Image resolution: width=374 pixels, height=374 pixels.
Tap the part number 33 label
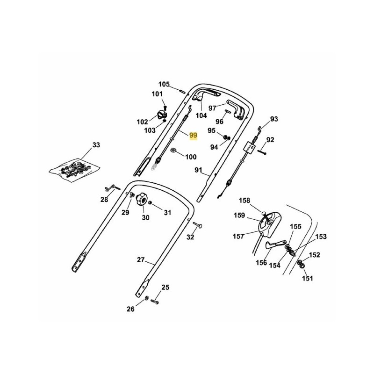point(96,145)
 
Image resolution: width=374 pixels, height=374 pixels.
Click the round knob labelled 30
point(140,202)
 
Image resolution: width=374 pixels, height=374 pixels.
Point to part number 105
point(164,84)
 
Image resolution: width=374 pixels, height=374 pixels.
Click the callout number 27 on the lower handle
point(141,260)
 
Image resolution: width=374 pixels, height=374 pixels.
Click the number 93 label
point(274,119)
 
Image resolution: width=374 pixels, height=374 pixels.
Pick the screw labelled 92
point(260,151)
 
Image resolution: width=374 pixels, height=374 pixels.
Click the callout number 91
point(199,171)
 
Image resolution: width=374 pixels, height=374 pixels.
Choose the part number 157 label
point(238,237)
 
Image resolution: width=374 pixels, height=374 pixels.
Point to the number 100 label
point(191,157)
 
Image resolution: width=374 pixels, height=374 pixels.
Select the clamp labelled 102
point(163,113)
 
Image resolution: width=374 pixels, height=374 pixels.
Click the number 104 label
point(201,115)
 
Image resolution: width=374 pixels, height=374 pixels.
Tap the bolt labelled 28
point(112,188)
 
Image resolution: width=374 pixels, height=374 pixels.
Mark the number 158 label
point(245,201)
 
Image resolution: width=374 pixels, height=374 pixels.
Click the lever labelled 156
point(273,245)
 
